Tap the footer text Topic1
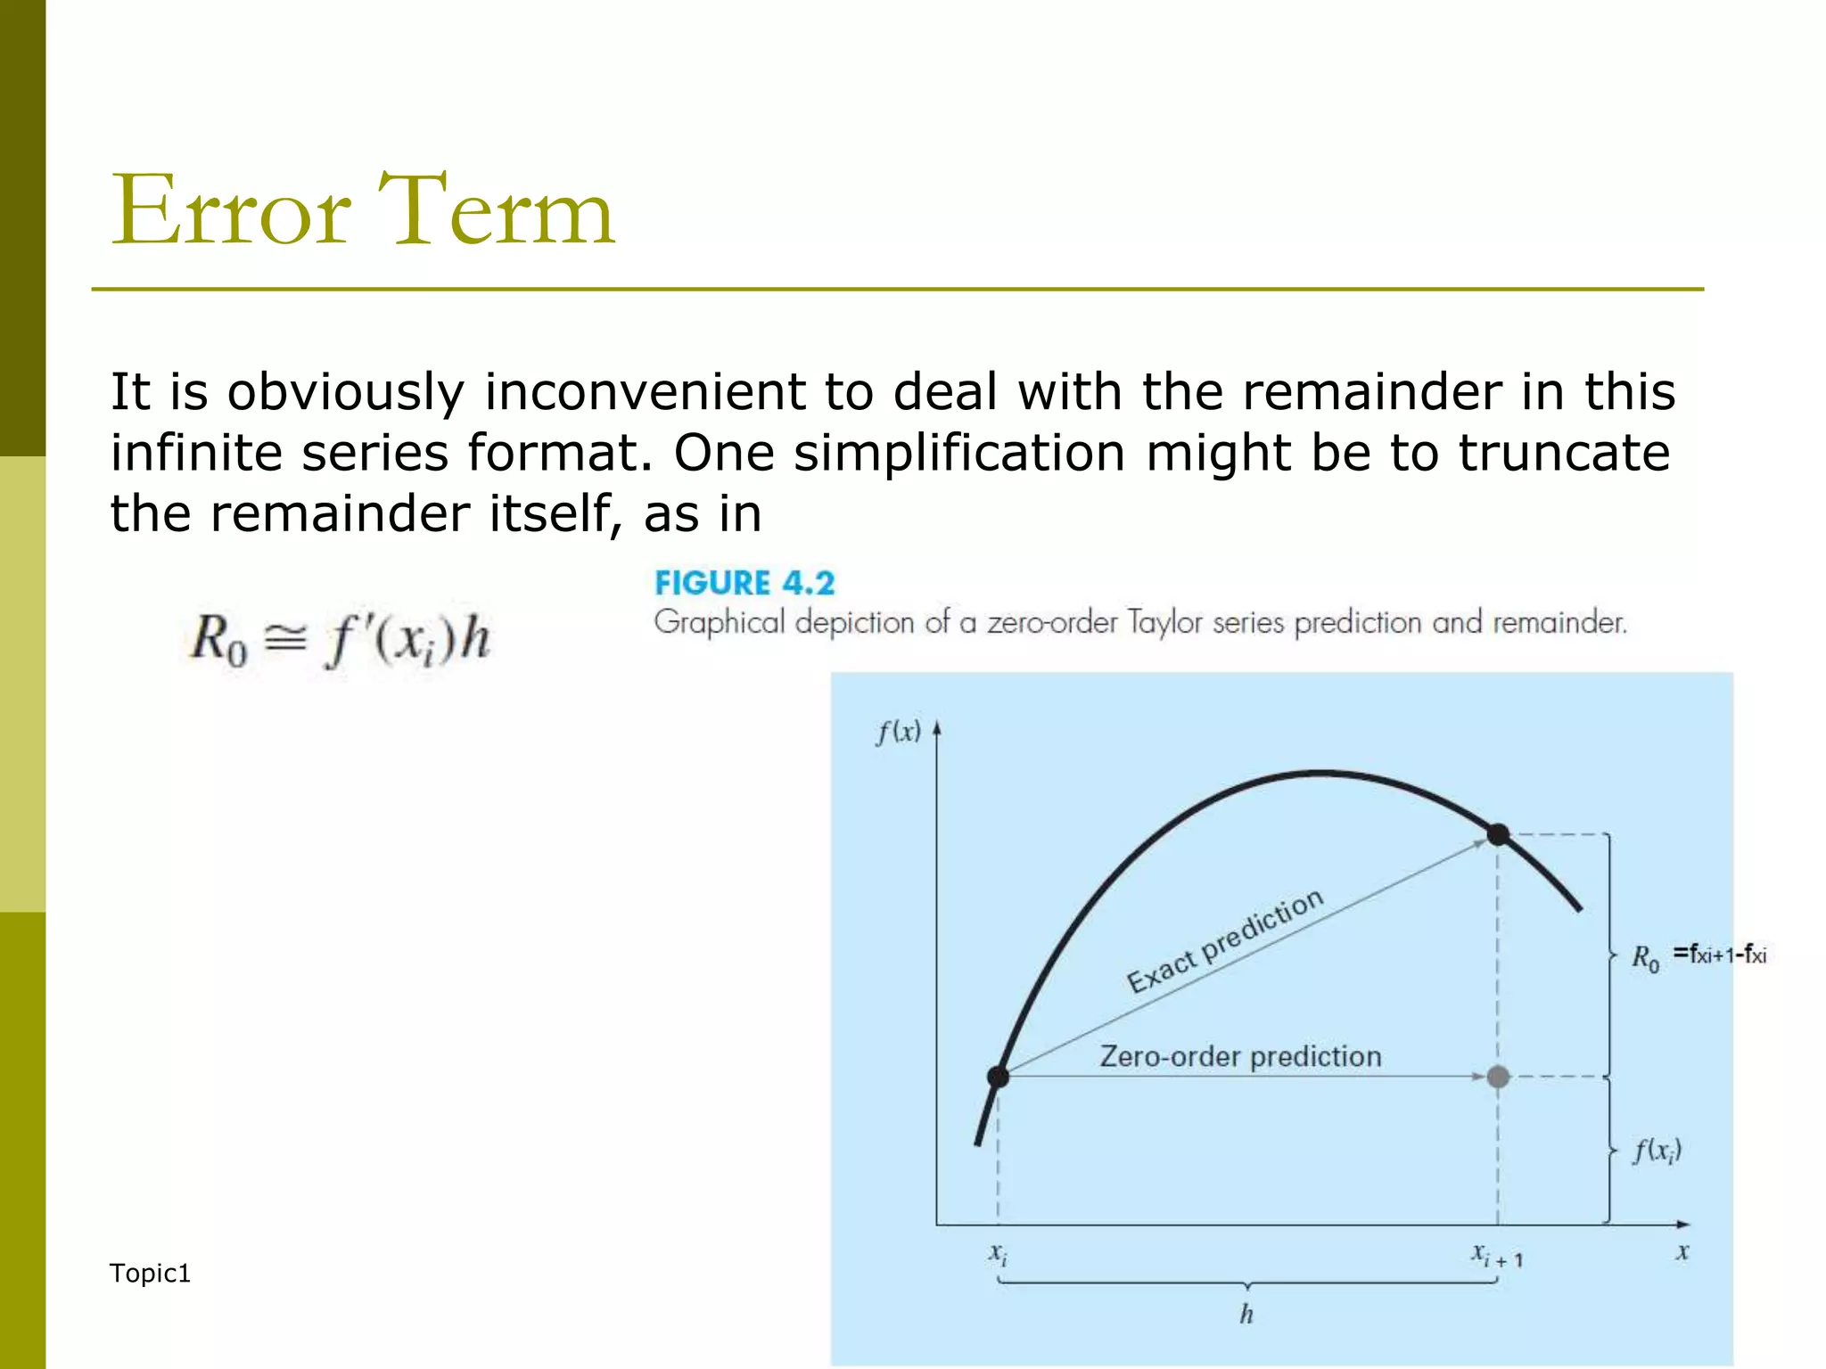150,1273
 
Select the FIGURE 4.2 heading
744,583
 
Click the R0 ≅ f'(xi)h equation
340,641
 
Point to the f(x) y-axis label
897,733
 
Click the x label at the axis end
1682,1252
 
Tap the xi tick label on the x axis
998,1255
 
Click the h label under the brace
1246,1314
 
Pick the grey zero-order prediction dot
1498,1077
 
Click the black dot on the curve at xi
998,1077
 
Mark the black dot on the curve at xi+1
1498,835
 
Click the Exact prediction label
1224,941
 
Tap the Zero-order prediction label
1240,1056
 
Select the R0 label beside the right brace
1645,958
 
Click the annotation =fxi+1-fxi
1719,955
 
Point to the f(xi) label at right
1656,1151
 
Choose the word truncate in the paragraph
1563,453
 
